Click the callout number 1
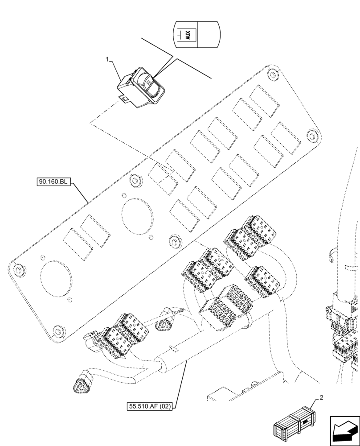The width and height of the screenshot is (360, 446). (107, 59)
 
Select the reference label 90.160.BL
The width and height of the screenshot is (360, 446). (52, 182)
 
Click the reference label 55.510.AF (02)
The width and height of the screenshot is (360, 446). (151, 406)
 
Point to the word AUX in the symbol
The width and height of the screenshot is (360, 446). (188, 35)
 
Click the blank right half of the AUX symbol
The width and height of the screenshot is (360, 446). (208, 34)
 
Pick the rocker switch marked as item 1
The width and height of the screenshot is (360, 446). (143, 87)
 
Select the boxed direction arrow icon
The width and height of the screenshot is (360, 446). (344, 430)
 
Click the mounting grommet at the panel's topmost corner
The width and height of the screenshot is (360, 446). (271, 72)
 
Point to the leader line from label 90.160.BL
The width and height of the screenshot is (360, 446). (80, 193)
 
